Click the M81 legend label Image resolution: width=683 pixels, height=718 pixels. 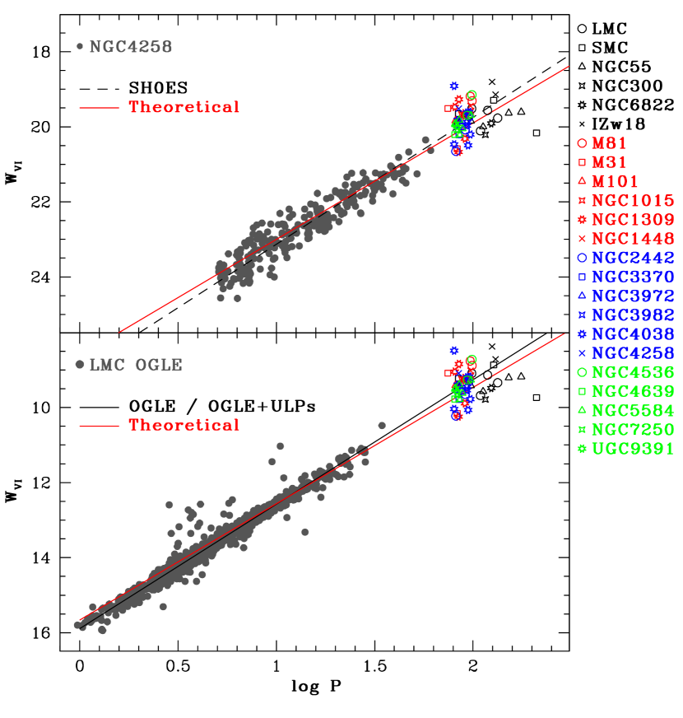pos(609,143)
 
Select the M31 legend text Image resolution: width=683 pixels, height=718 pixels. pos(609,162)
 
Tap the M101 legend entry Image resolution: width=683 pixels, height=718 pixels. pos(615,181)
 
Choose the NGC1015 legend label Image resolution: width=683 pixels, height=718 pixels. pos(633,201)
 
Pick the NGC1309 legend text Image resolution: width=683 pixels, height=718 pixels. pos(633,220)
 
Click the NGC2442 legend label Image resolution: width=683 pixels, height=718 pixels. pos(633,258)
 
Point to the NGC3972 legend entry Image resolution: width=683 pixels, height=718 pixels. pos(633,296)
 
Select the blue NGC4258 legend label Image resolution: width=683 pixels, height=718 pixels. pos(633,353)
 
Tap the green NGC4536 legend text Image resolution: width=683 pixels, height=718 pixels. pos(633,372)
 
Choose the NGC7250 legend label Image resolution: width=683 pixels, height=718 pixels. pos(633,430)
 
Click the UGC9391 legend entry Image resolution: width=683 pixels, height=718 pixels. pos(633,449)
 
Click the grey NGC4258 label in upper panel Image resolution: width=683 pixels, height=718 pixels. pos(131,47)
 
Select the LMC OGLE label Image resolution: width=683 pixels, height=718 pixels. pos(136,365)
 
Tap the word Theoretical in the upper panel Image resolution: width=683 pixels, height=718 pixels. pos(184,107)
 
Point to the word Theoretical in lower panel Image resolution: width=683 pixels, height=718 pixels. pos(184,426)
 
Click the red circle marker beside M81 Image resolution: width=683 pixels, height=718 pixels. pos(582,143)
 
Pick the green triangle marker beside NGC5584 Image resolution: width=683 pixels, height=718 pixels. pos(582,410)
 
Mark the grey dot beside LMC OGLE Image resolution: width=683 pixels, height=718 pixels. pos(80,365)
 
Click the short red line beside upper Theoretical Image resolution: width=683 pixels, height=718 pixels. pos(100,108)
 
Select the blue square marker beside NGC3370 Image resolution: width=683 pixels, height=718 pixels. pos(582,277)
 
